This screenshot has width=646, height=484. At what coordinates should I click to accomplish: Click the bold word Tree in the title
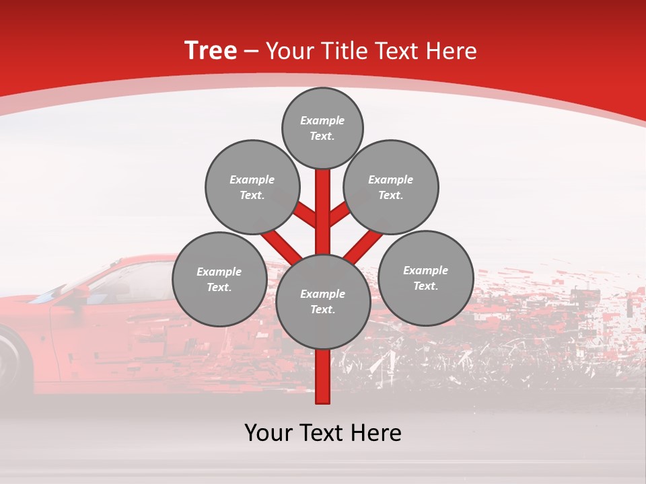click(x=211, y=50)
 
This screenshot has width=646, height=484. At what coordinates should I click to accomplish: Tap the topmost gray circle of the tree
click(x=322, y=128)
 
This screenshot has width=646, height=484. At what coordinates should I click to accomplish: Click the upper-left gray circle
click(x=252, y=187)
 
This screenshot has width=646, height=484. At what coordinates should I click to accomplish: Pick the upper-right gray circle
click(x=390, y=187)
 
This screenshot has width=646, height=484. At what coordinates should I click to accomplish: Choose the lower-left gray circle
click(x=219, y=279)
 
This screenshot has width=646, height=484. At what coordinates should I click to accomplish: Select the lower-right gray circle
click(x=425, y=278)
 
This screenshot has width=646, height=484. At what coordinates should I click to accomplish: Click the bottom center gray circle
click(x=322, y=302)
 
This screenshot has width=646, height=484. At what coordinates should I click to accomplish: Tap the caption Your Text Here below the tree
click(x=322, y=433)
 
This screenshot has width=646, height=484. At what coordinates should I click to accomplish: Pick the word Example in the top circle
click(x=322, y=120)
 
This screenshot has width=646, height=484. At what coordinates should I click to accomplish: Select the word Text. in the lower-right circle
click(x=425, y=286)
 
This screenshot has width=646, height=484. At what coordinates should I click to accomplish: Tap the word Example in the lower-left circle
click(x=219, y=272)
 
